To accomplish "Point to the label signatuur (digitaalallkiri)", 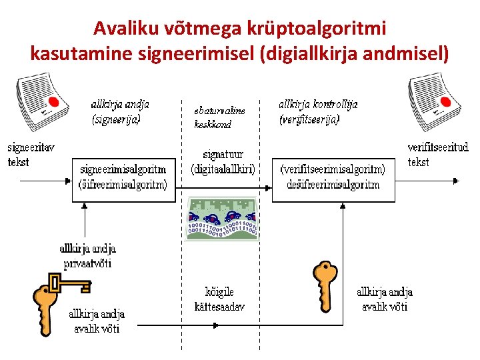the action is [223, 162].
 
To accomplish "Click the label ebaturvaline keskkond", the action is [219, 118].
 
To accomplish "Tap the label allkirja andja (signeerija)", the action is [120, 112].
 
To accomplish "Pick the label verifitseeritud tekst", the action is [437, 154].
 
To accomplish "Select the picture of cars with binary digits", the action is [222, 219].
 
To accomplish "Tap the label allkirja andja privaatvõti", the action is [87, 255].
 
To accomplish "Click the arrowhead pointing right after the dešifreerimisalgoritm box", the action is [456, 180].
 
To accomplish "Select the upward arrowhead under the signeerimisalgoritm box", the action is [86, 206].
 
